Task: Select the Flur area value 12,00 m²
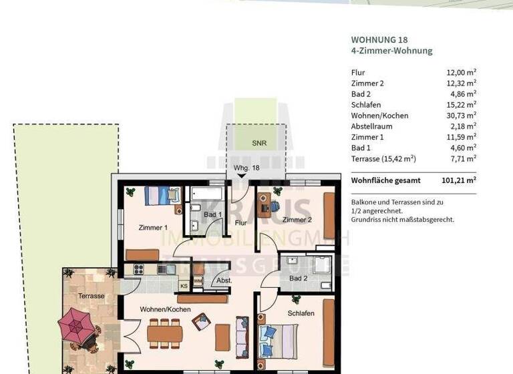point(461,72)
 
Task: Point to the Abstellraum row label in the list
point(371,126)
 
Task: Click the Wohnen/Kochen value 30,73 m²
point(461,115)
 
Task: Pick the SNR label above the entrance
point(259,143)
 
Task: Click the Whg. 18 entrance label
point(246,168)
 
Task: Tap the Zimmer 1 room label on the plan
point(152,228)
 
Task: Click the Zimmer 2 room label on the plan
point(297,220)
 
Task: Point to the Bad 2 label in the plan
point(299,278)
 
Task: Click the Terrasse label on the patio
point(91,295)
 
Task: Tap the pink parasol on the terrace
point(77,326)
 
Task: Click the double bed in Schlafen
point(278,341)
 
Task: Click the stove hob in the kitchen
point(140,269)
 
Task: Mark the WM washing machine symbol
point(198,281)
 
